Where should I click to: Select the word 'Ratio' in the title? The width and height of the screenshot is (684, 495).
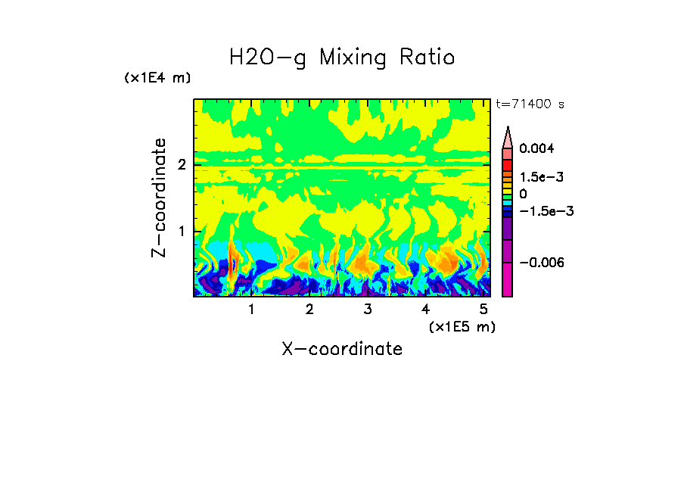point(428,58)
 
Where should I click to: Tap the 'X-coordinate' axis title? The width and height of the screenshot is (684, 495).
point(342,349)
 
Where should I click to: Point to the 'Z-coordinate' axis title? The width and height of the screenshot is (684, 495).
point(159,198)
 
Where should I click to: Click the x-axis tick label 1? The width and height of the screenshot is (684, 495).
point(251,310)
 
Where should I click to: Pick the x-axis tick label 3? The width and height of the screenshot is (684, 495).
point(367,310)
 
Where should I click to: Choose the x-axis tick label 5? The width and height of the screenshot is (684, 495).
point(483,310)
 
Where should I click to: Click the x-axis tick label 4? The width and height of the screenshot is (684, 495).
point(425,310)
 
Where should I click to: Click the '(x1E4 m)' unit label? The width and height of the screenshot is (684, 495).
point(157,78)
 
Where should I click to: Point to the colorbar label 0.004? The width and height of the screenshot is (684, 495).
point(536,149)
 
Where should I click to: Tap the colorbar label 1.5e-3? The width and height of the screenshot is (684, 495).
point(540,176)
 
